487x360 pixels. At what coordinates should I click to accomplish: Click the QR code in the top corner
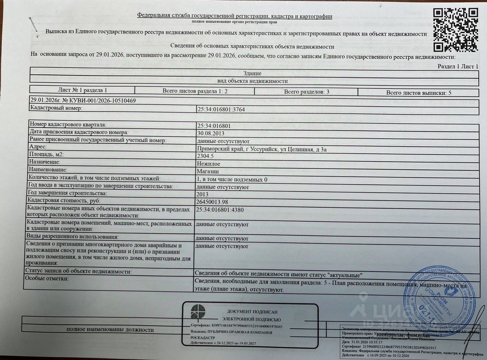(456, 29)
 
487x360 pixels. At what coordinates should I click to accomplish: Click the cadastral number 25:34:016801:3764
(222, 109)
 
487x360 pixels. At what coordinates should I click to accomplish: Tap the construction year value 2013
(202, 194)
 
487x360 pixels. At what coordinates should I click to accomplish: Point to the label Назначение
(45, 162)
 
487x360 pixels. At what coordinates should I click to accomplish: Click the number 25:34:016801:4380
(220, 210)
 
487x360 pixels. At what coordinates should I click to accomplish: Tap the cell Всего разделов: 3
(306, 92)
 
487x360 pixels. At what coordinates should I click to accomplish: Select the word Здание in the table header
(252, 73)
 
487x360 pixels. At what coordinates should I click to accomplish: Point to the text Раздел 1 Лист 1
(458, 66)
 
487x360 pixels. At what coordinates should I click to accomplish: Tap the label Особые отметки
(47, 278)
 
